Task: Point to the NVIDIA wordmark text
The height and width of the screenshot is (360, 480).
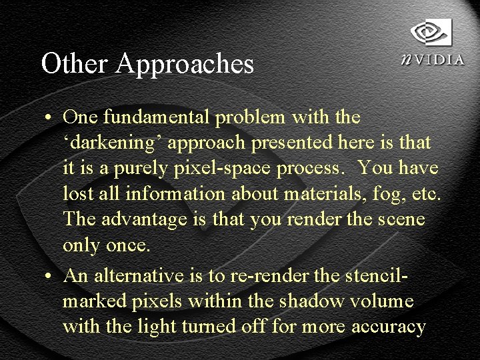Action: pos(433,59)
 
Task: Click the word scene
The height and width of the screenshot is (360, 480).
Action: pos(401,220)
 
